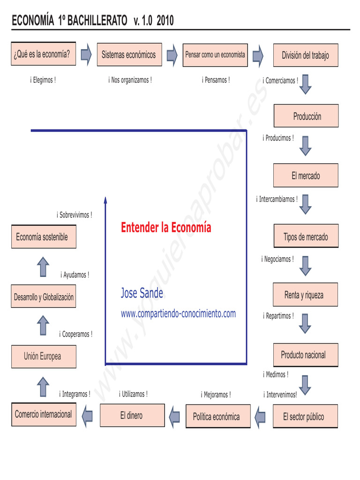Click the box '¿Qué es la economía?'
(42, 54)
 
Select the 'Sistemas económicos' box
(129, 55)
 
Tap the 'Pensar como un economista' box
(215, 55)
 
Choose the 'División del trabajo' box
(306, 55)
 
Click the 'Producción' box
(306, 116)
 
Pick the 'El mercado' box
(306, 176)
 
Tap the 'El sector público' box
(305, 417)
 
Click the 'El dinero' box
(132, 415)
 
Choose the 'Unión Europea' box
(43, 356)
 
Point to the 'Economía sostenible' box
(43, 237)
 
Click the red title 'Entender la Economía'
(166, 228)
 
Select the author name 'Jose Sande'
(142, 293)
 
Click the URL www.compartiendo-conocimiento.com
(178, 314)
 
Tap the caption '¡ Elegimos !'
(43, 80)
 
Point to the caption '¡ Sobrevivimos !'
(75, 215)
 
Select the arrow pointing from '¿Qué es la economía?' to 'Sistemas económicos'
(86, 54)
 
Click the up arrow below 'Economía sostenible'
(43, 266)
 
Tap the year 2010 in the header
(165, 21)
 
